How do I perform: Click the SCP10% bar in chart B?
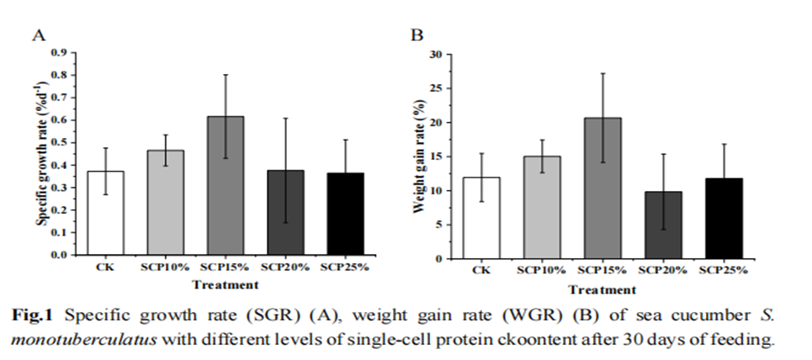542,207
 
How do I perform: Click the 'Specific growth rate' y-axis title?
40,151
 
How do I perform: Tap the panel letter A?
38,34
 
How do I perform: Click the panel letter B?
416,35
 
